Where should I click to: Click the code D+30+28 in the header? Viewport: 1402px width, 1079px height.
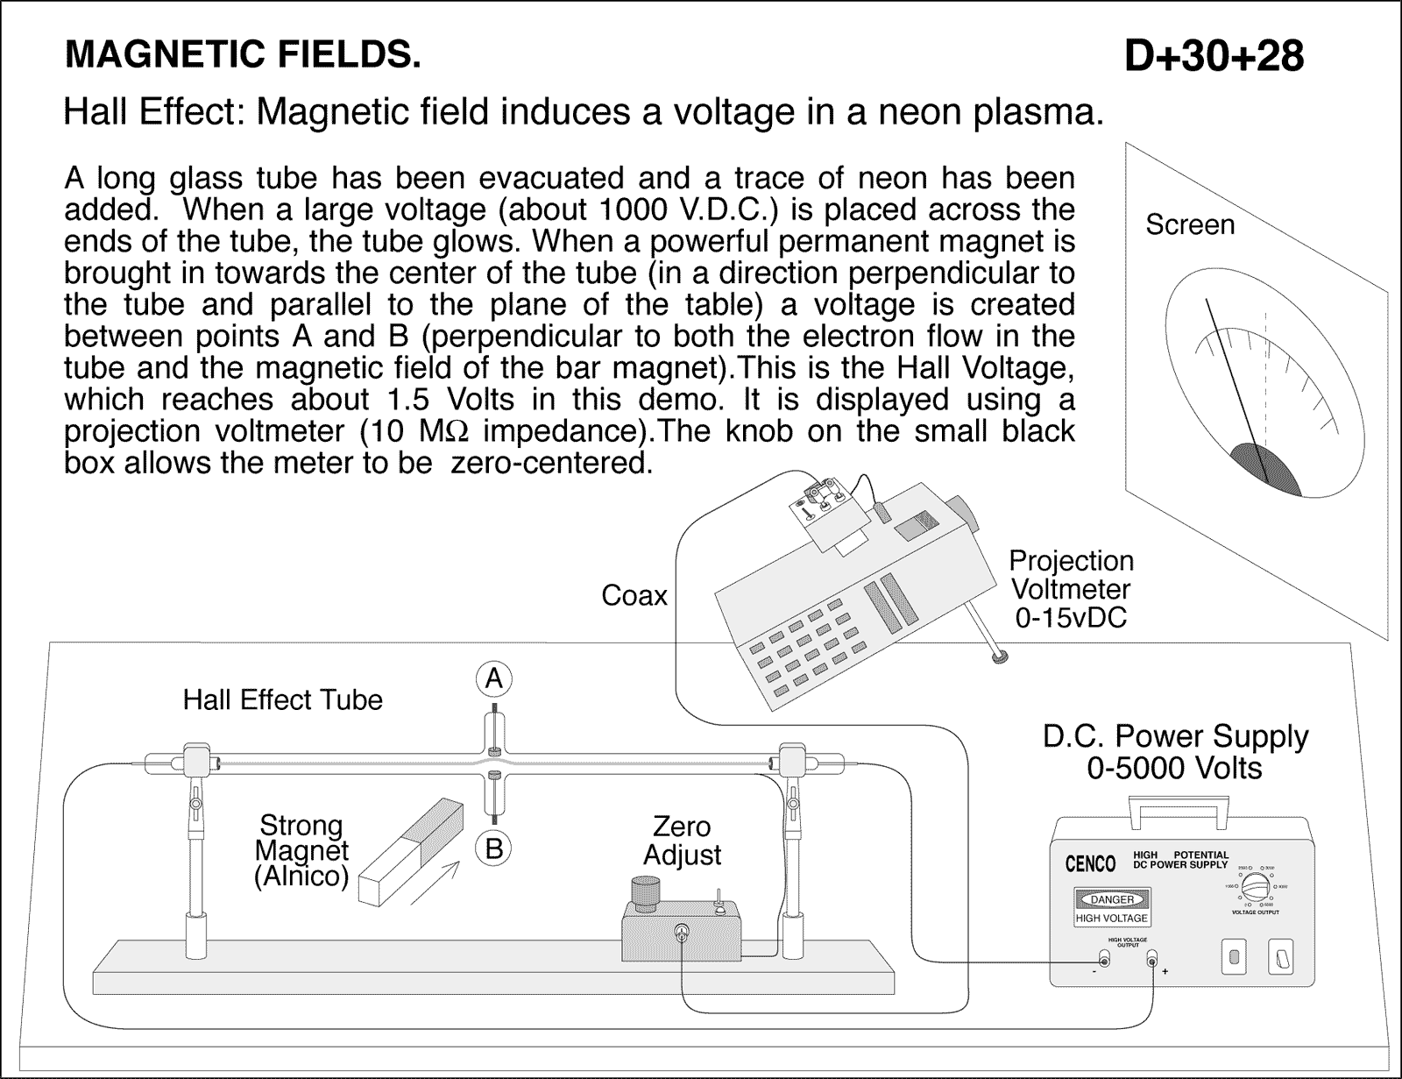click(1214, 57)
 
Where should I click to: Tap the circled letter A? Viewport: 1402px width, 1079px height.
click(494, 678)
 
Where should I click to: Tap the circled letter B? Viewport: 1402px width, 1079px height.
click(494, 848)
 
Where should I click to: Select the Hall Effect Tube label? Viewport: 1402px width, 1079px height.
click(282, 699)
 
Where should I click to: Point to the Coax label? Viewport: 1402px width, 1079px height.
click(634, 596)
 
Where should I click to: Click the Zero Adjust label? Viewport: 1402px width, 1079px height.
click(682, 840)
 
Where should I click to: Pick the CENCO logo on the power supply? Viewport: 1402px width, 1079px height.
click(1090, 864)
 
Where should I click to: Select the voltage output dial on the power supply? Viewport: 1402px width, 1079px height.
click(1259, 887)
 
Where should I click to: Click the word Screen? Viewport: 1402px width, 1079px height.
click(1189, 224)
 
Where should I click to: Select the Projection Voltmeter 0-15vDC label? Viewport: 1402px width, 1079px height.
click(1071, 589)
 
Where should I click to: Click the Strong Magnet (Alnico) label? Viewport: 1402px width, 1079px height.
click(301, 850)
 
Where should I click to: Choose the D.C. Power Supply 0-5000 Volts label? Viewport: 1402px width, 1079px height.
click(1174, 752)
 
